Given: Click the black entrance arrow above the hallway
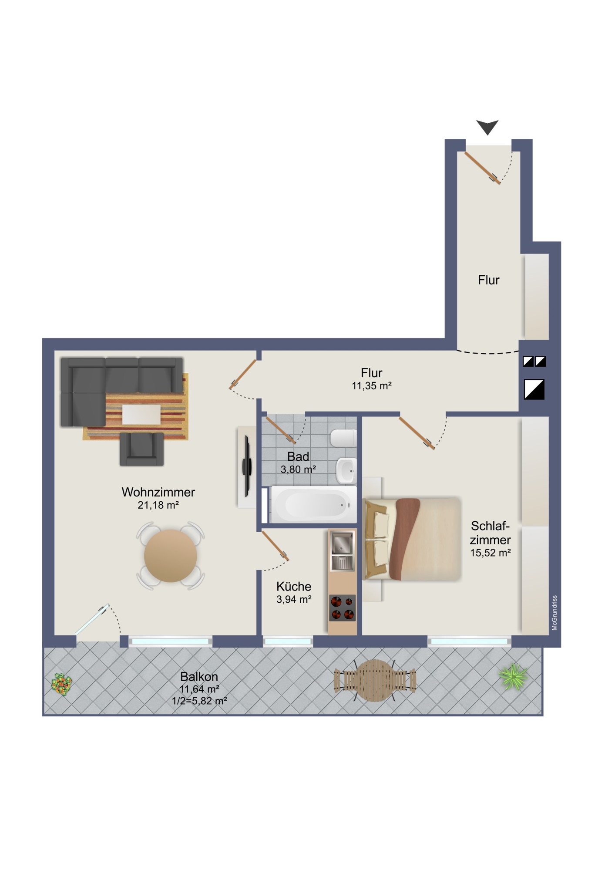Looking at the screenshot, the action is tap(487, 127).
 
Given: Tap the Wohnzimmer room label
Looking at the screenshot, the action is tap(158, 492).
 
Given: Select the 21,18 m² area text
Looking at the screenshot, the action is tap(158, 505).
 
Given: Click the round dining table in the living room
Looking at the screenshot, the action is tap(171, 556).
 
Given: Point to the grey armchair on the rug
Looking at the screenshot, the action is tap(142, 449).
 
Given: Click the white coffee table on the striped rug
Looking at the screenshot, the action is tap(141, 415).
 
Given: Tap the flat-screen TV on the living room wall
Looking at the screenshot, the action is tap(247, 466).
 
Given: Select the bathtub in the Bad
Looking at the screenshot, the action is tap(313, 504).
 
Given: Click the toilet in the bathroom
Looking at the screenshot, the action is tap(344, 439).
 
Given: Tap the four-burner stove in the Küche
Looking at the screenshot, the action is tap(343, 608).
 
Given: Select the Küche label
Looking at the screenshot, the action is tap(294, 586).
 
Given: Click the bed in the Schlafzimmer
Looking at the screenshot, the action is tap(412, 539).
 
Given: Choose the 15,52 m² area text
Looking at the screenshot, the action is tap(490, 553).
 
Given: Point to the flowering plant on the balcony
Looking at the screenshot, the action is tap(61, 684).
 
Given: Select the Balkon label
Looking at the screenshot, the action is tap(199, 676).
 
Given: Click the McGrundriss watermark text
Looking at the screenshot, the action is tap(555, 613).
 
